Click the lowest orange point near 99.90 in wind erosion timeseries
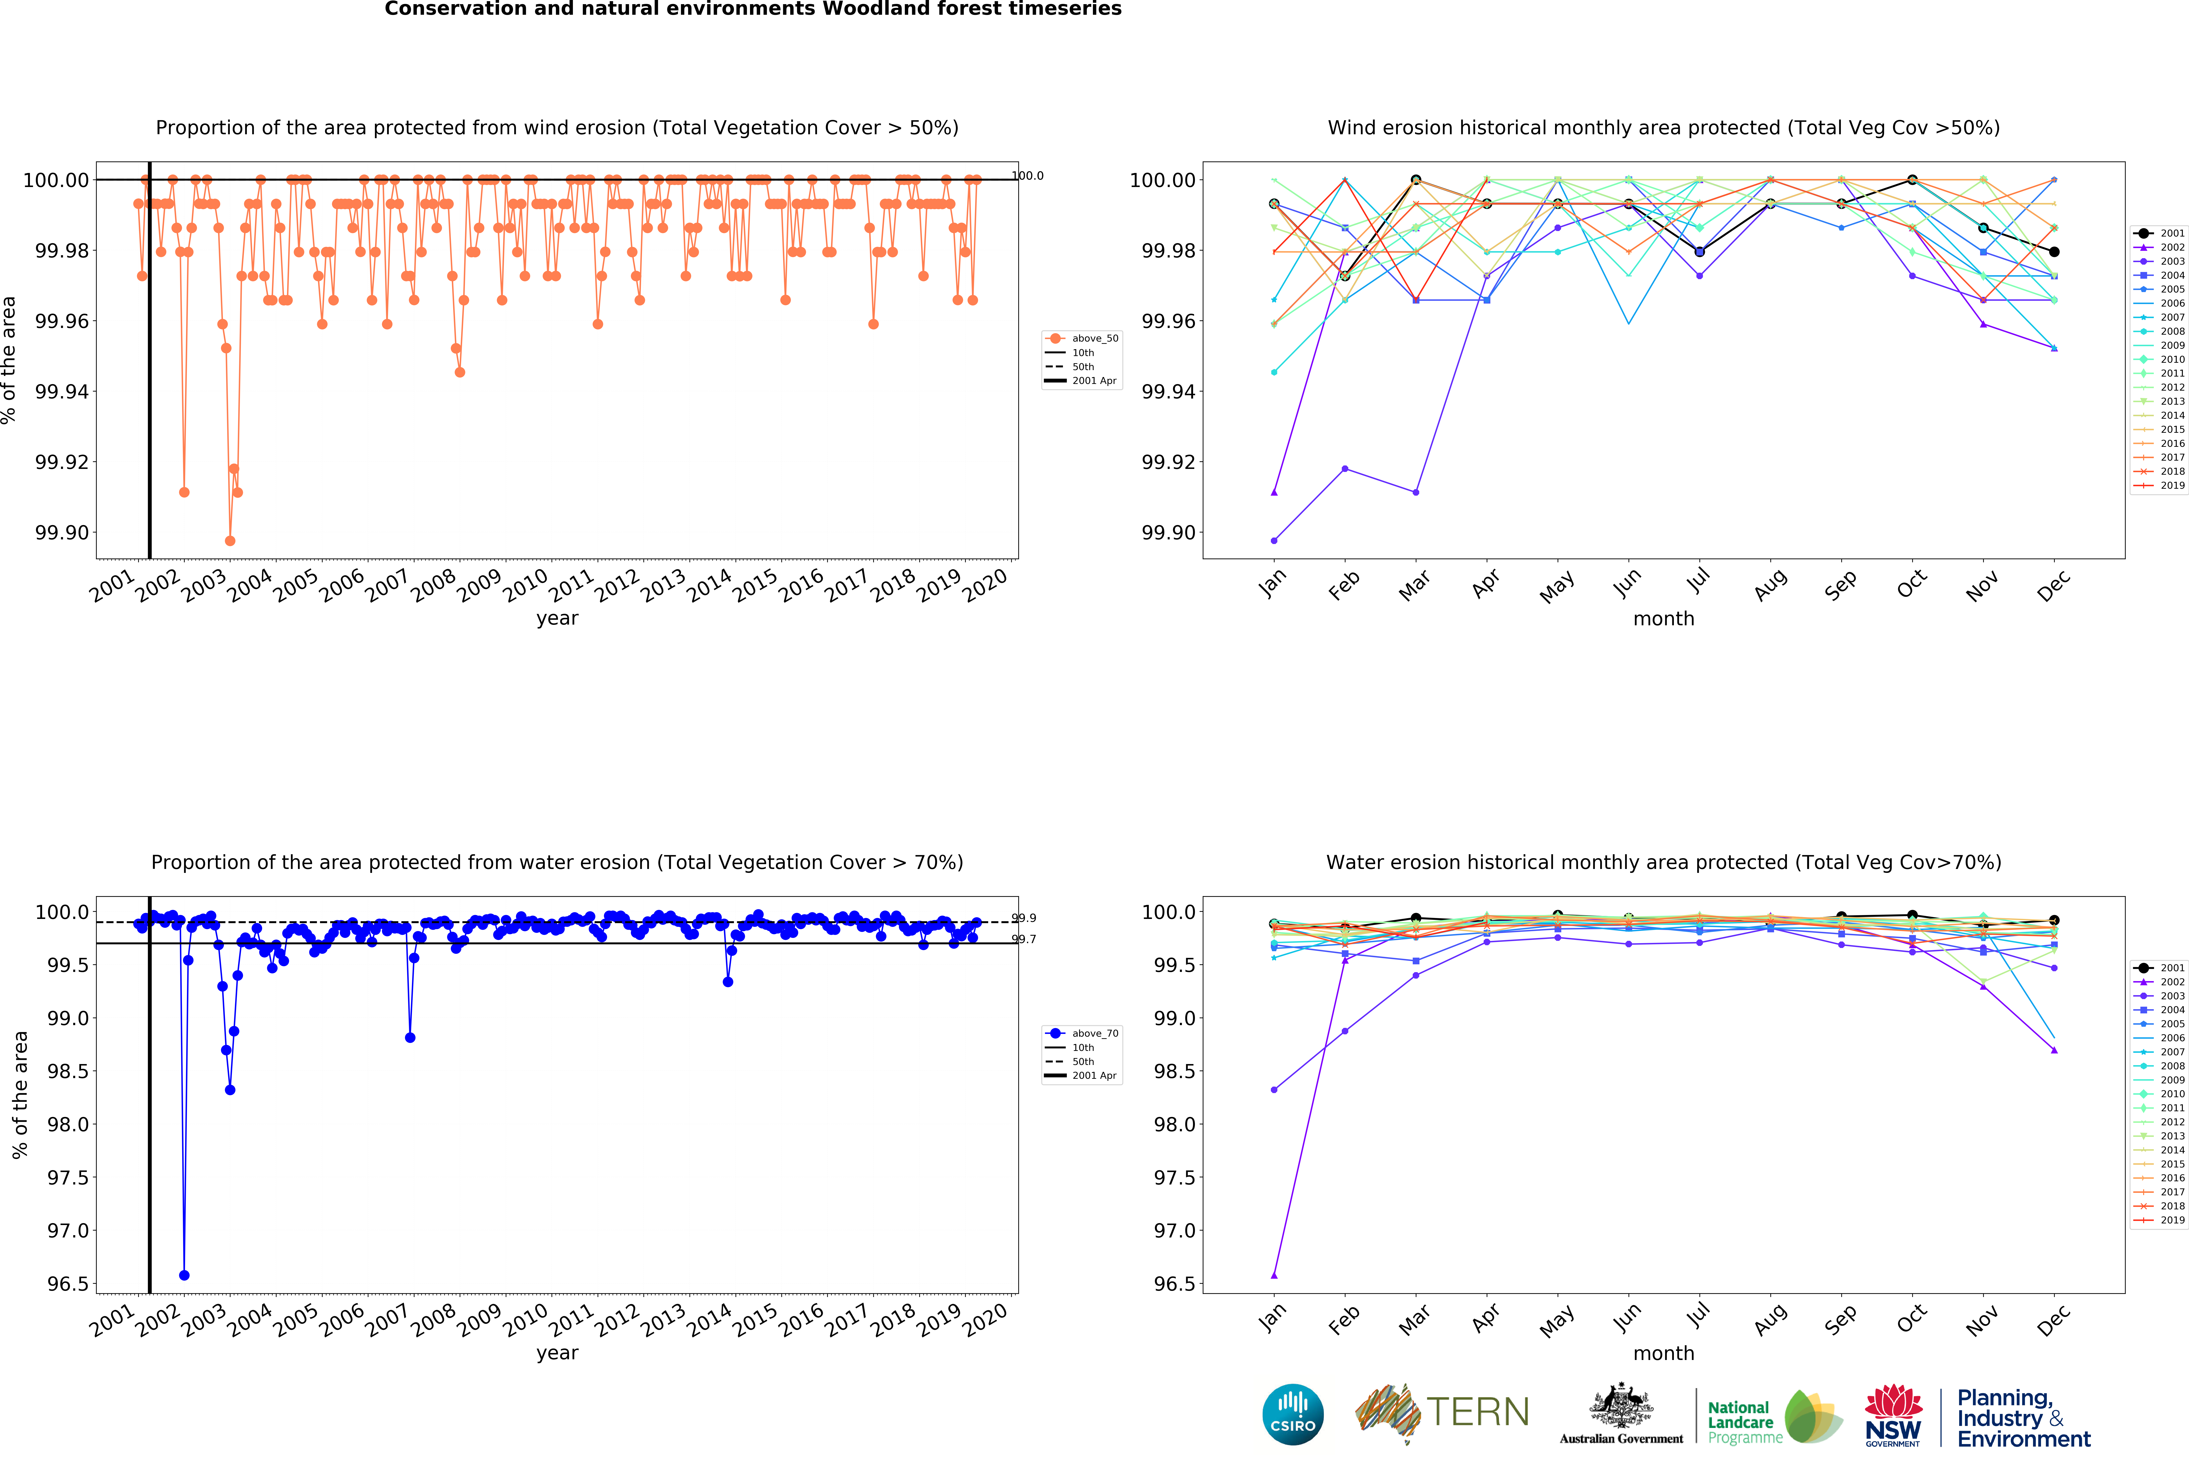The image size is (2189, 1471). coord(230,540)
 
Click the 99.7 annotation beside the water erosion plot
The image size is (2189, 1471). coord(1023,939)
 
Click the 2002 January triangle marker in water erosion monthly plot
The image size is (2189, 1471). coord(1274,1275)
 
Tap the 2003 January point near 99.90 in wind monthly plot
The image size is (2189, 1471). coord(1274,540)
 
